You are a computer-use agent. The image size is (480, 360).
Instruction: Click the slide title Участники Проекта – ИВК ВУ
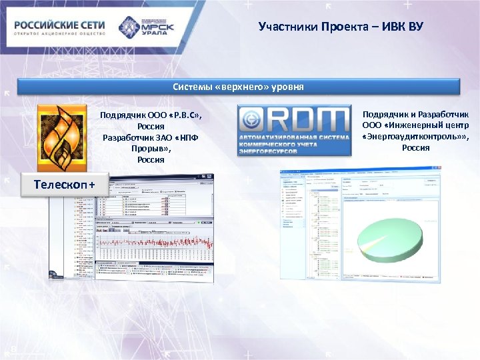[x=340, y=27]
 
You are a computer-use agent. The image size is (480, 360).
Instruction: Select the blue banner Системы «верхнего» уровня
[x=239, y=87]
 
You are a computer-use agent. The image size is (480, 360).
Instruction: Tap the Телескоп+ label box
[x=65, y=183]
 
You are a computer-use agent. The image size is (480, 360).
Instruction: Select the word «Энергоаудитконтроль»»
[x=416, y=136]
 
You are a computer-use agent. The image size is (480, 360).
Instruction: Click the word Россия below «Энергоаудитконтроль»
[x=416, y=147]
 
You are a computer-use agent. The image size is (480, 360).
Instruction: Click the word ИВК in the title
[x=393, y=27]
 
